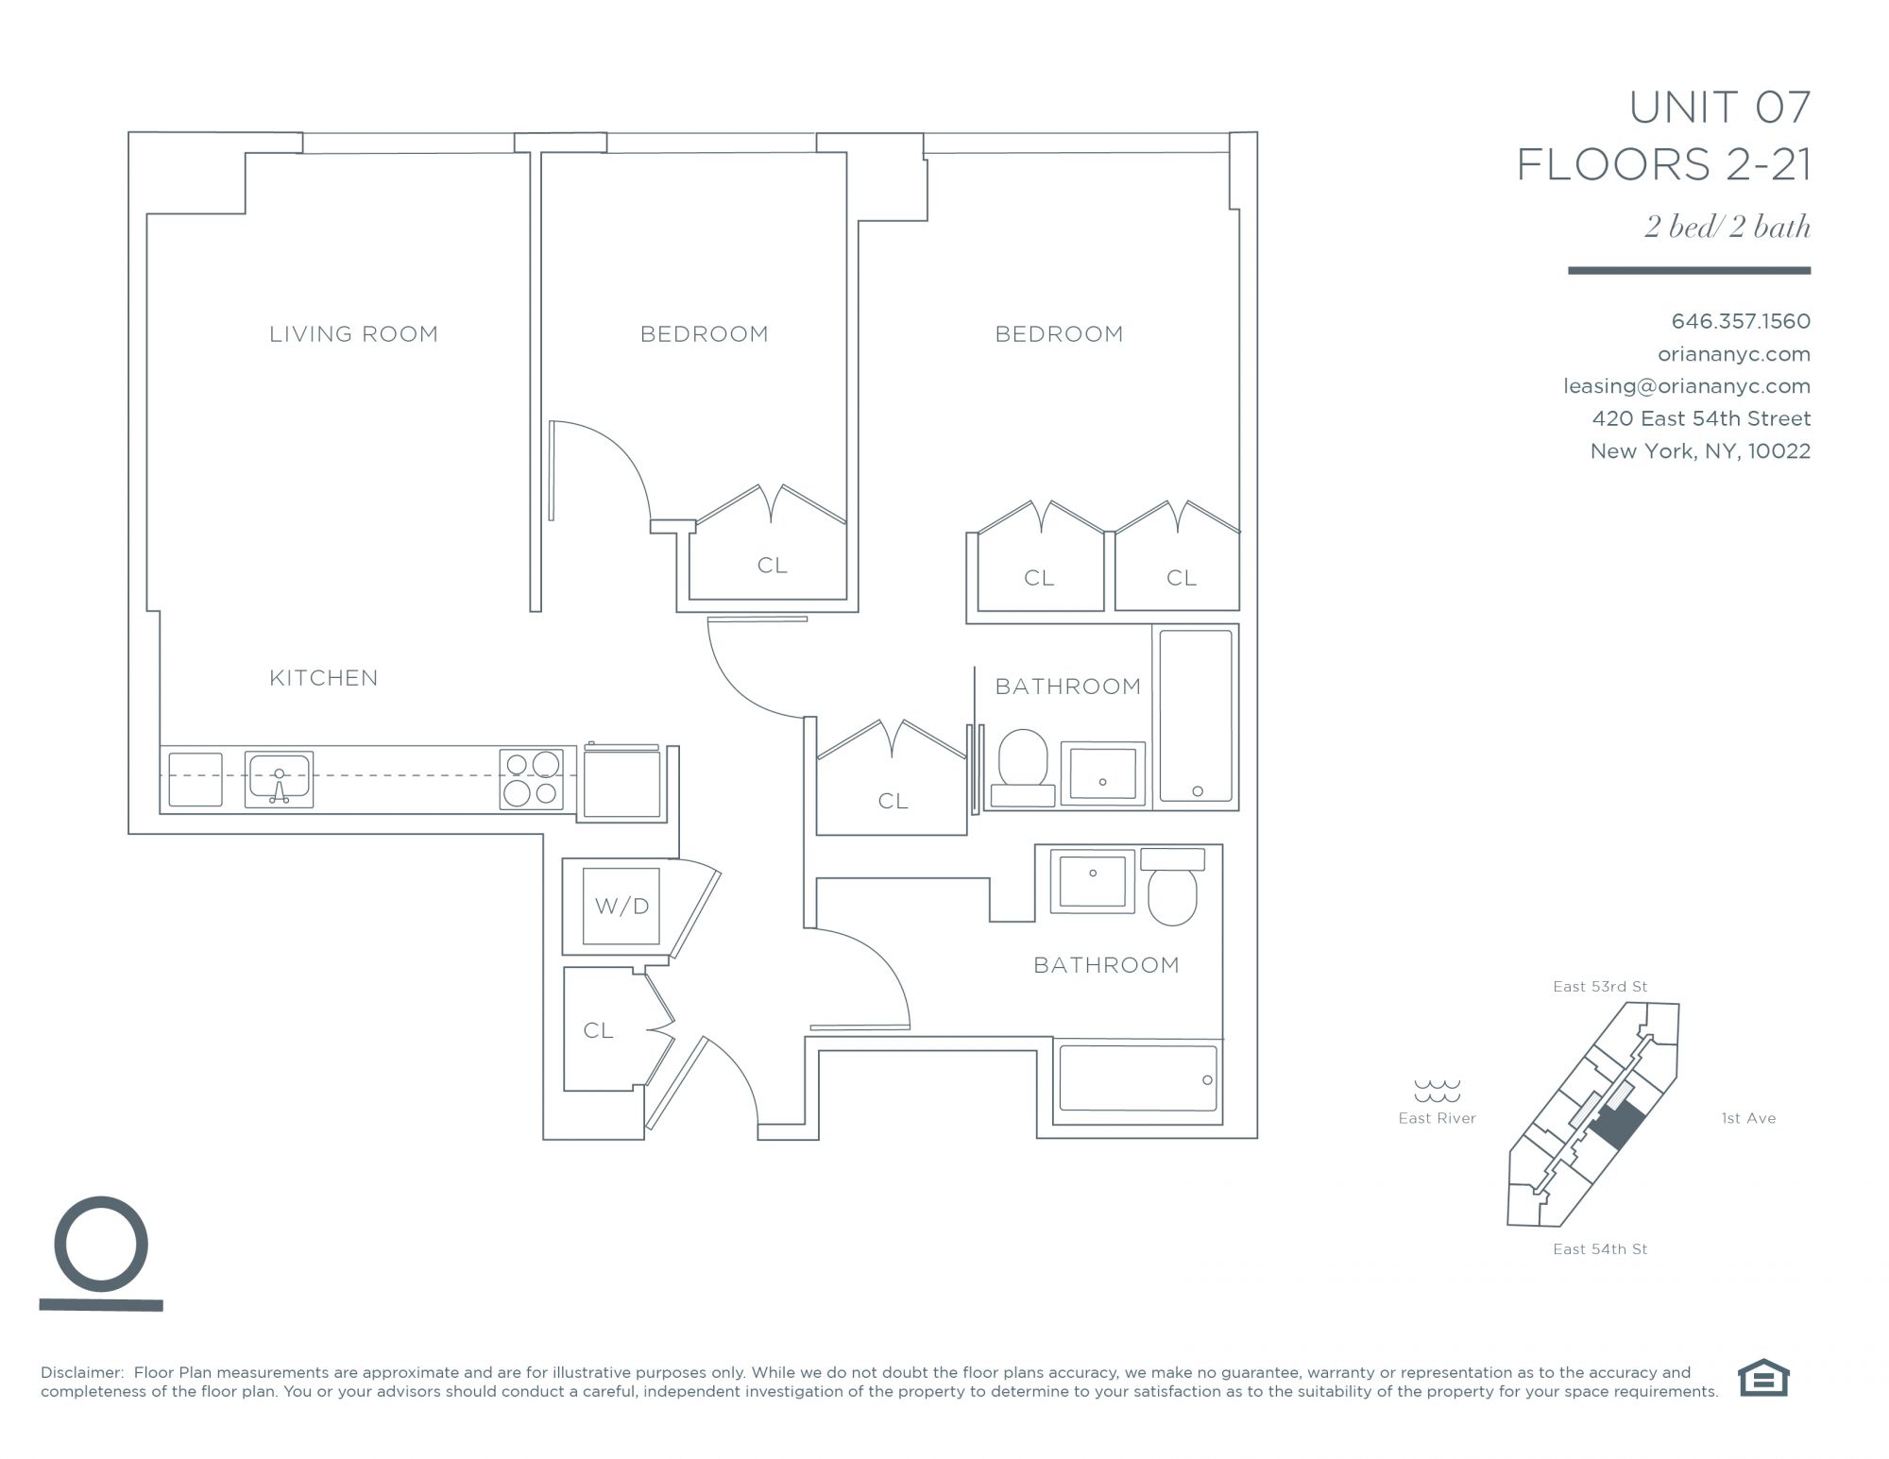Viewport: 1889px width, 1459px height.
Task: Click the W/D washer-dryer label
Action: (621, 907)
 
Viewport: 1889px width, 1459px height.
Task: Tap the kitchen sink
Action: (279, 780)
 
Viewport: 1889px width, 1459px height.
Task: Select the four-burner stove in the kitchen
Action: (532, 779)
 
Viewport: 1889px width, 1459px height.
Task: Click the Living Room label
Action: (353, 333)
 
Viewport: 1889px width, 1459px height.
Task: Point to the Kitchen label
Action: (324, 678)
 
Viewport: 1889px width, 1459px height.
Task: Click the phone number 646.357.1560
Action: (1741, 321)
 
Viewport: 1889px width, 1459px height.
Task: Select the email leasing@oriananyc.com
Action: (1687, 386)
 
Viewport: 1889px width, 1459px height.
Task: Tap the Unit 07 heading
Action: (1720, 108)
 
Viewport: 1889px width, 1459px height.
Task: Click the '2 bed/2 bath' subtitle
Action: (1727, 227)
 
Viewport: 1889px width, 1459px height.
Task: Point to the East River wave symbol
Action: (1437, 1091)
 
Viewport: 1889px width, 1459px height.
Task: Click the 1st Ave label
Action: (1748, 1118)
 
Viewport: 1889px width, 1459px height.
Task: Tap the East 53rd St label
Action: (1600, 987)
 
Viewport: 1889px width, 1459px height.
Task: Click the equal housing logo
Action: (1763, 1378)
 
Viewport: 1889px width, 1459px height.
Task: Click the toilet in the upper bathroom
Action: (1023, 768)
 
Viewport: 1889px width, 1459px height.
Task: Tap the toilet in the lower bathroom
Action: (1172, 886)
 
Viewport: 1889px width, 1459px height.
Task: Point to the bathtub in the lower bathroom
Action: (1138, 1078)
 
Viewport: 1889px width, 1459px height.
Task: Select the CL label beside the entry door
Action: (598, 1030)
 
